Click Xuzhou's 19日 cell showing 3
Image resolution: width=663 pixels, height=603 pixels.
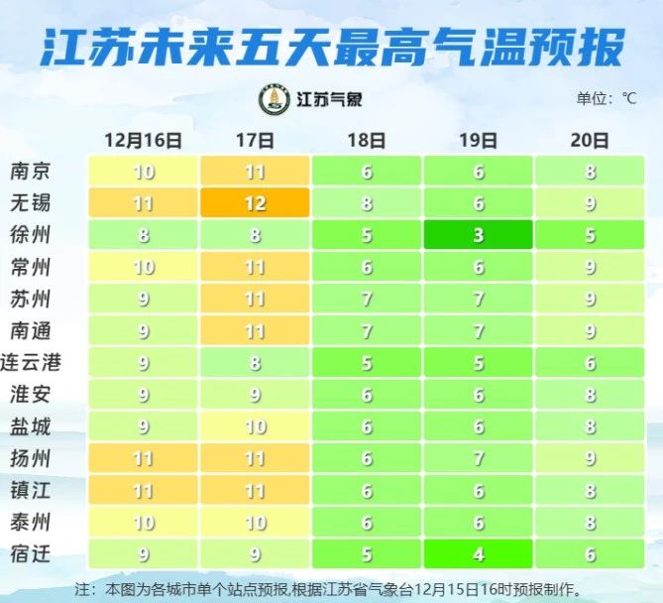pos(479,235)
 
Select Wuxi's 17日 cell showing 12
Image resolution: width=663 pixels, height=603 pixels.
pos(255,203)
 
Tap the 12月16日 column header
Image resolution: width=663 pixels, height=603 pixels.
pos(144,141)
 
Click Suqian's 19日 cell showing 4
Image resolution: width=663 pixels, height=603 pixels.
pos(479,553)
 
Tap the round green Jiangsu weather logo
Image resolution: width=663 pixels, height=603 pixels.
pos(274,99)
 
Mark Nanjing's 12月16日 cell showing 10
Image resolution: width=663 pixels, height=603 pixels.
pos(144,172)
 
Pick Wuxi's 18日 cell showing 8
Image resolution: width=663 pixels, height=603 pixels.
pos(367,203)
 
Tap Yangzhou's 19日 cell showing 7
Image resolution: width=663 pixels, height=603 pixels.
pos(479,458)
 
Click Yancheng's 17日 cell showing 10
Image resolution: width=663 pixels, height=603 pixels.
pos(255,426)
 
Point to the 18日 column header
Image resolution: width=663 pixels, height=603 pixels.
pos(367,141)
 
